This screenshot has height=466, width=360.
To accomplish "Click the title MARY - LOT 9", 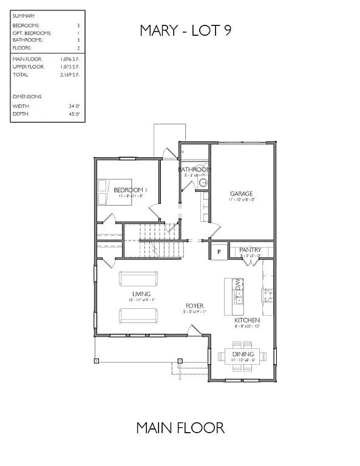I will tap(185, 30).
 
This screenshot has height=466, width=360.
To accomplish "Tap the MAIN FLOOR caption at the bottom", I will tap(180, 428).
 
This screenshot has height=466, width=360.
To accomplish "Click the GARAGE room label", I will tap(241, 194).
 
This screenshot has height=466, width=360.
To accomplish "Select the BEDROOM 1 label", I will tap(129, 190).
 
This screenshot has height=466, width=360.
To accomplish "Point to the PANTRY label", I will tap(250, 249).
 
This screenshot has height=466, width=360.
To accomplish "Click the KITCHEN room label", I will tap(247, 320).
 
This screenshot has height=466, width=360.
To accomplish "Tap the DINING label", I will tap(243, 354).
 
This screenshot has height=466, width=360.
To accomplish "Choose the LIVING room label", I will tap(141, 294).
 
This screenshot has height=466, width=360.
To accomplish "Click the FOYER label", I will tap(194, 306).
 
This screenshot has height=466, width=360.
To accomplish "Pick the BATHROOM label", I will tap(194, 169).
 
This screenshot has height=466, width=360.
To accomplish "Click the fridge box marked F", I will tap(219, 251).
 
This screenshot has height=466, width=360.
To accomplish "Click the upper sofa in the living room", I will tap(139, 279).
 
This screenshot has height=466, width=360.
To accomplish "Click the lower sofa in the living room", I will tap(139, 315).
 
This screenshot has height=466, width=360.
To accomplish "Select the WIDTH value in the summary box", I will tap(75, 106).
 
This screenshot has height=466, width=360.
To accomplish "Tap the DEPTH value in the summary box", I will tap(75, 114).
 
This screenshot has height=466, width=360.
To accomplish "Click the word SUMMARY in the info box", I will tap(24, 16).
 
